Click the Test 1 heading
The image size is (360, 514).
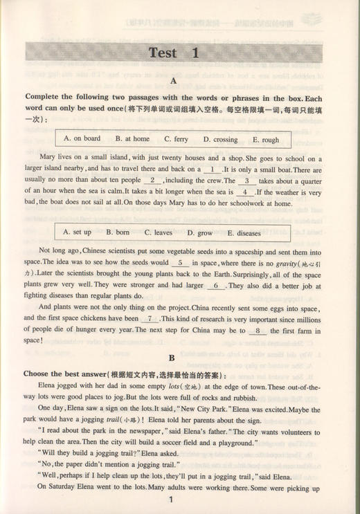(x=173, y=53)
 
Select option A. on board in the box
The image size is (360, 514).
(x=82, y=138)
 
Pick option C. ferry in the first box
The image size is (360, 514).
(x=176, y=138)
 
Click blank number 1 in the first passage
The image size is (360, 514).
(x=211, y=169)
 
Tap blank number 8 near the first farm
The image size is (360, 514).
(x=258, y=331)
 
